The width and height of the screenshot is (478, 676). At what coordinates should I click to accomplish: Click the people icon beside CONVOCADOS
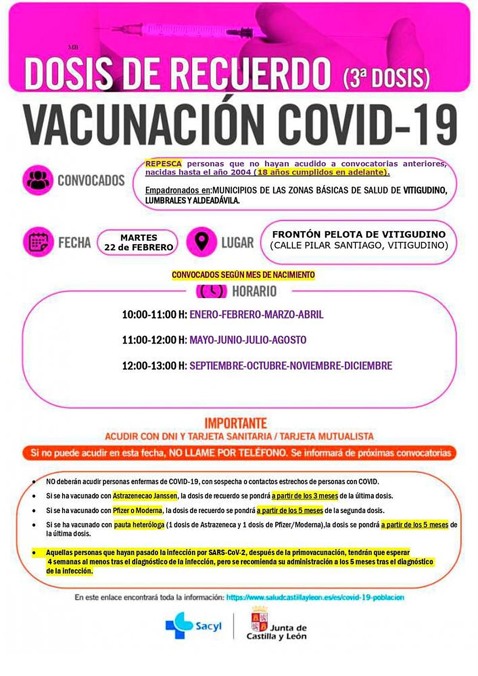[38, 180]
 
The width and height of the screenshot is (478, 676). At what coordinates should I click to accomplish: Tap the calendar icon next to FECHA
[38, 242]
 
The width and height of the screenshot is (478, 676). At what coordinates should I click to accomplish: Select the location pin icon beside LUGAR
[202, 242]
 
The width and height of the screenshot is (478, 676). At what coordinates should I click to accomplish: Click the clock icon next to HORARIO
[212, 291]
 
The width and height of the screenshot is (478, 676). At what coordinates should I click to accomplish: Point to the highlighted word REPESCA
[164, 164]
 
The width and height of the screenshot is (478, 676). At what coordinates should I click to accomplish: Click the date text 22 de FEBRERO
[139, 247]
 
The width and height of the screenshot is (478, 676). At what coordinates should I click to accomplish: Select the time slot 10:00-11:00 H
[155, 315]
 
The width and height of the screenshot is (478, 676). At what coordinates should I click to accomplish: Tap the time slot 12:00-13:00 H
[155, 366]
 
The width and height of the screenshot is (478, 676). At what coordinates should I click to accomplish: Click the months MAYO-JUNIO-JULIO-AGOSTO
[248, 340]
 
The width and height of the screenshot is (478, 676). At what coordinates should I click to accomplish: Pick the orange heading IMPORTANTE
[236, 423]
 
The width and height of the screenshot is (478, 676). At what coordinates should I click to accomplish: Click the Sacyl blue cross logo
[179, 625]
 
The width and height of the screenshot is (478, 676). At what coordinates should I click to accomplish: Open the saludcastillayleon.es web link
[315, 598]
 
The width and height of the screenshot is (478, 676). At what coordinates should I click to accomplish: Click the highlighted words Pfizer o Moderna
[137, 510]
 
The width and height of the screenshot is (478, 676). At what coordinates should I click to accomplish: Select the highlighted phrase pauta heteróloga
[139, 525]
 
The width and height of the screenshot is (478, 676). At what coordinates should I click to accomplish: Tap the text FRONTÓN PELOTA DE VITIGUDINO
[358, 234]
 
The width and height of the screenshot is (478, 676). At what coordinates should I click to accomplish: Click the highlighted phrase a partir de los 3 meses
[305, 496]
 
